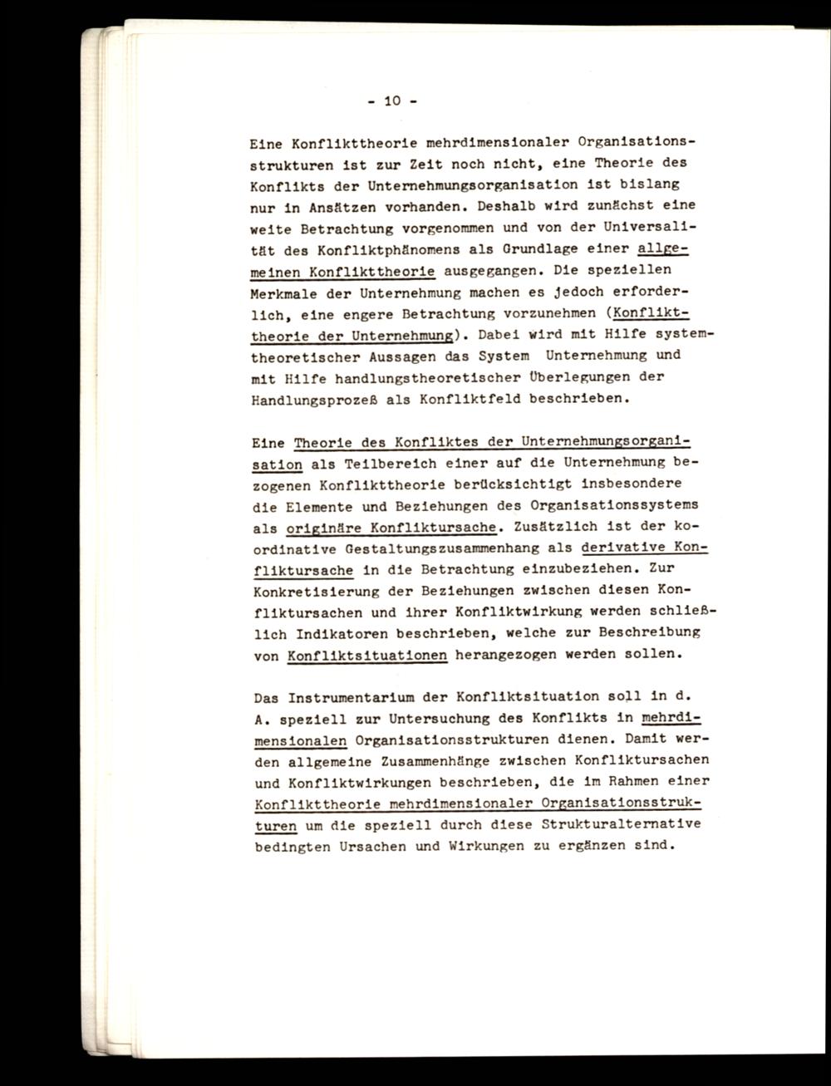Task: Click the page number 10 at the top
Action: (392, 101)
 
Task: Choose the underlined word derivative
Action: (622, 548)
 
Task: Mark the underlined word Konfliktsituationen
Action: (367, 655)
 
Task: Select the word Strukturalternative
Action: (620, 825)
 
